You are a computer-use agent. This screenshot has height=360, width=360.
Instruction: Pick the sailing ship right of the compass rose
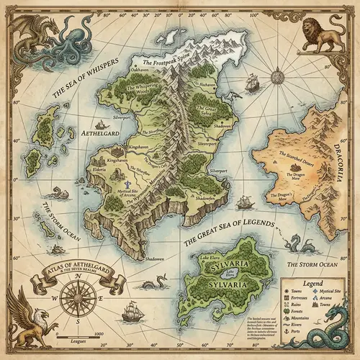132,311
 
